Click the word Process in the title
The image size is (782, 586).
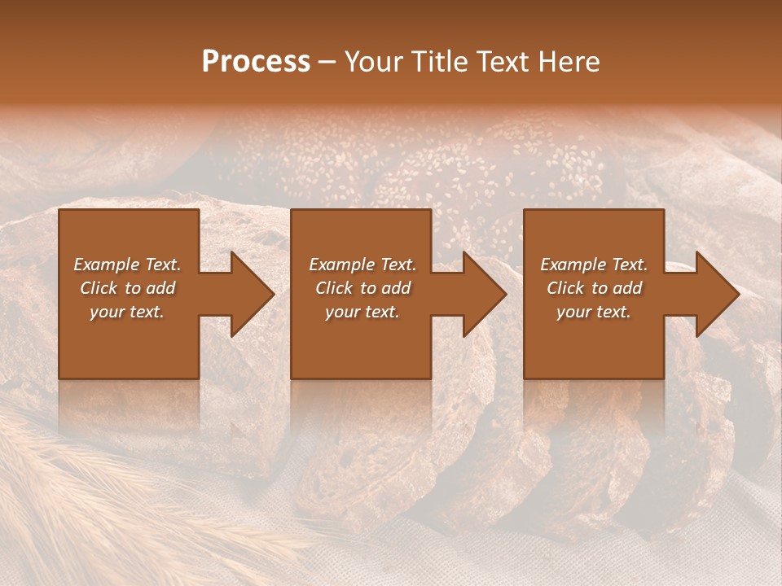click(256, 62)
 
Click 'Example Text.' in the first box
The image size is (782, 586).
click(127, 265)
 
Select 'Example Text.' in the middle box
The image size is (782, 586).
click(362, 265)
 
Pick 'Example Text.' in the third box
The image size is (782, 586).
click(594, 265)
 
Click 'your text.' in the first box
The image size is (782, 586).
click(127, 312)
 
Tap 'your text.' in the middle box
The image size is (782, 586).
click(362, 312)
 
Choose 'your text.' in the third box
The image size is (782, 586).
click(594, 312)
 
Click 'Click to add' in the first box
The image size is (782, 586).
click(127, 288)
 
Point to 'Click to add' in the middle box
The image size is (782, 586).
click(362, 288)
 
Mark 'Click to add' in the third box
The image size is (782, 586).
click(594, 288)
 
